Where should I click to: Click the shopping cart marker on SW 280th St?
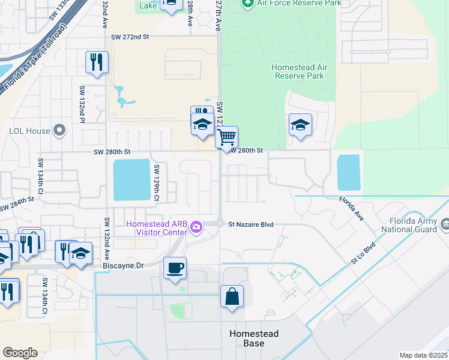(x=226, y=137)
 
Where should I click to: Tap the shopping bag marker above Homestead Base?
(x=232, y=296)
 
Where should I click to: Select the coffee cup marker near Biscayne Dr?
(x=175, y=268)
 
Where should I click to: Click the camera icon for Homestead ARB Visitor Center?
(x=196, y=227)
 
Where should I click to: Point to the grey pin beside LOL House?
(x=59, y=130)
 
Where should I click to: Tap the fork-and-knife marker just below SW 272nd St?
(x=97, y=62)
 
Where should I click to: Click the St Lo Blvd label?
(x=363, y=253)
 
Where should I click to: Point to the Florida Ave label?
(x=351, y=207)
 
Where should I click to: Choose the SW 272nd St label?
(x=129, y=37)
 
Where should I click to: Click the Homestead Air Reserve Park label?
(x=298, y=71)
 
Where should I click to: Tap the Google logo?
(x=20, y=353)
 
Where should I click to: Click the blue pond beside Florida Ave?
(x=349, y=172)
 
